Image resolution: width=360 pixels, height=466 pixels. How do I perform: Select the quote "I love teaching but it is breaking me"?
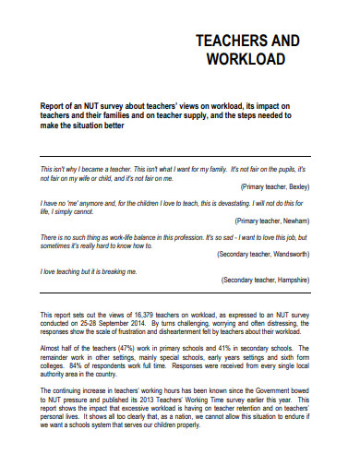pos(89,272)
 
